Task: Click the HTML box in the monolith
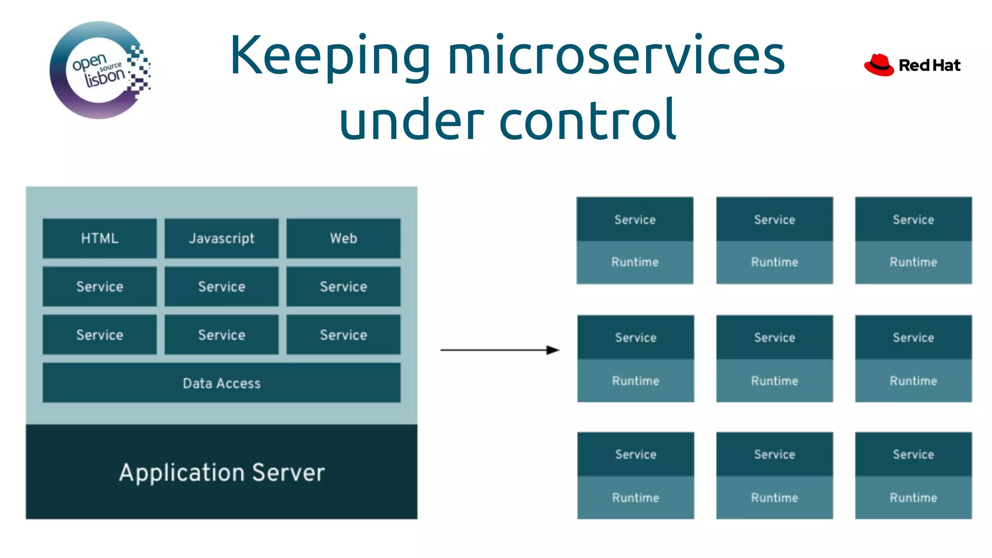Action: [99, 238]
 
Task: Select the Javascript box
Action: [221, 238]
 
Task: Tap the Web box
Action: [343, 238]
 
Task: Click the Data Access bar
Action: [221, 383]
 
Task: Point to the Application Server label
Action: [221, 472]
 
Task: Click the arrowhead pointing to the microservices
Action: [553, 350]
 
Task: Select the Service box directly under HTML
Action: [99, 286]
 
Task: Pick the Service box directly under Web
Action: [343, 286]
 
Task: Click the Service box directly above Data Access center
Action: [221, 335]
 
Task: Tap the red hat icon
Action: [879, 65]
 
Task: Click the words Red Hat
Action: [929, 65]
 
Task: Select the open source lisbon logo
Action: [100, 70]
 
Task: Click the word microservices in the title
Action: [616, 56]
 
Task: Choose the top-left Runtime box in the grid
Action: [635, 262]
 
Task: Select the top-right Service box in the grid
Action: [913, 219]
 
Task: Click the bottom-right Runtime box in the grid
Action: [913, 497]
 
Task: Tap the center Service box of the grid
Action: [774, 337]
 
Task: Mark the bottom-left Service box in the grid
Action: [635, 454]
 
